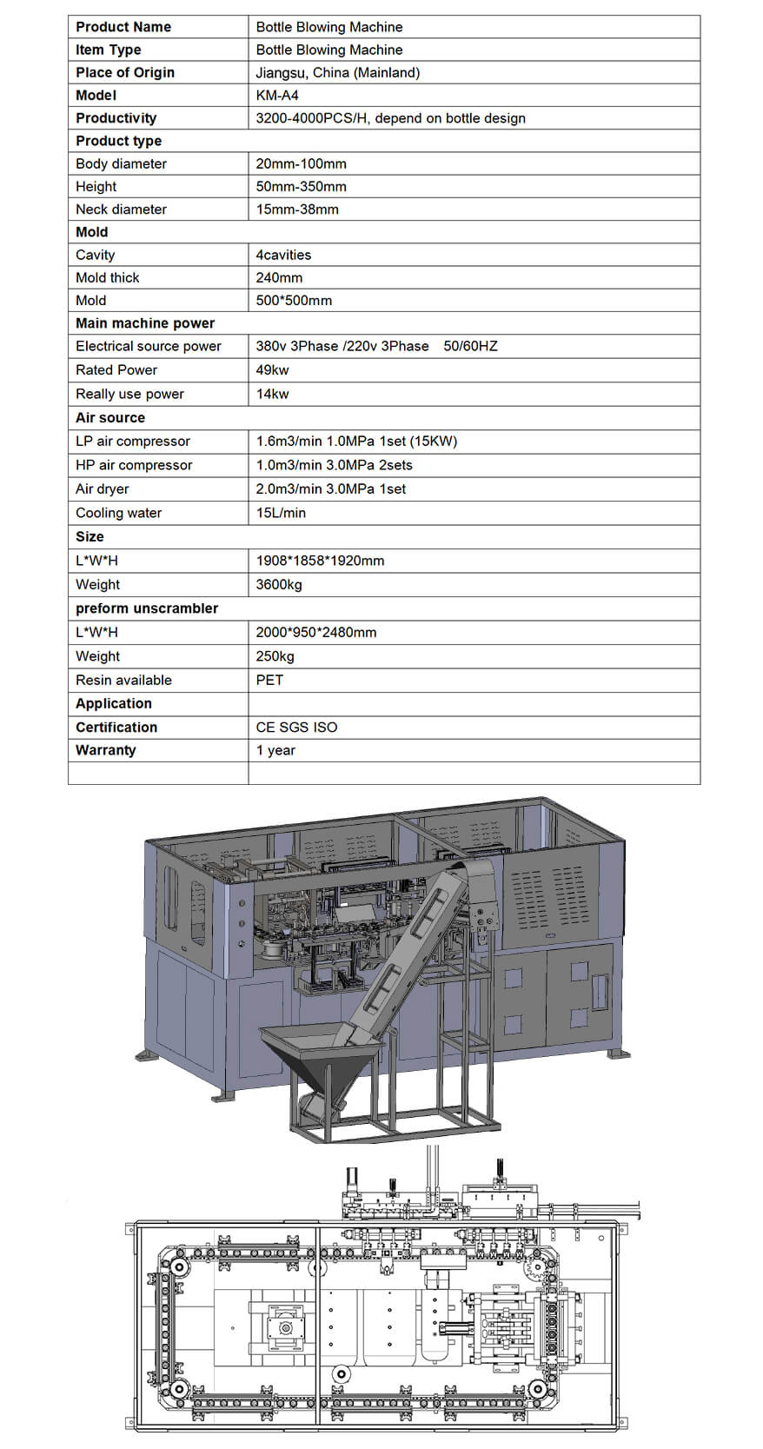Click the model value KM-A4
pyautogui.click(x=277, y=95)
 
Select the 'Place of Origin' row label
pyautogui.click(x=124, y=72)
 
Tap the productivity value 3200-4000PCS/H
pyautogui.click(x=390, y=118)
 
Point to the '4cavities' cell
pyautogui.click(x=283, y=255)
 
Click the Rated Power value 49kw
pyautogui.click(x=272, y=369)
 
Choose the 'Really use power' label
pyautogui.click(x=129, y=394)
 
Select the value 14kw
pyautogui.click(x=272, y=394)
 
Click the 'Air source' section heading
pyautogui.click(x=110, y=417)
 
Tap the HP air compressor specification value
pyautogui.click(x=334, y=465)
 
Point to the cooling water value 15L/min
pyautogui.click(x=281, y=513)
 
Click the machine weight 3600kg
pyautogui.click(x=279, y=584)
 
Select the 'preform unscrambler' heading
pyautogui.click(x=147, y=608)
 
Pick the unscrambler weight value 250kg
pyautogui.click(x=275, y=656)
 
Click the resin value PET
pyautogui.click(x=269, y=680)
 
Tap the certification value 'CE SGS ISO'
pyautogui.click(x=296, y=727)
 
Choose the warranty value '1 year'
pyautogui.click(x=275, y=750)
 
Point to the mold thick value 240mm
pyautogui.click(x=279, y=277)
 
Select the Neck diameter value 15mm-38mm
pyautogui.click(x=297, y=209)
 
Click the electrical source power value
pyautogui.click(x=376, y=346)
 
